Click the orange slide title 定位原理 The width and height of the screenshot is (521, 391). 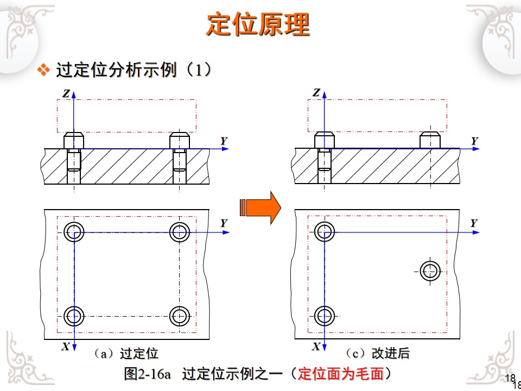point(258,24)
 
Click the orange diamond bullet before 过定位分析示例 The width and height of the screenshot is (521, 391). point(43,70)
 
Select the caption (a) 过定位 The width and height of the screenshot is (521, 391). point(125,354)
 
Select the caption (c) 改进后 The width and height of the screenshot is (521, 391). point(377,353)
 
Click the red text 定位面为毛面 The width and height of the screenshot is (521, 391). point(341,374)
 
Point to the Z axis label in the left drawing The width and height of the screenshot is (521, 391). point(66,94)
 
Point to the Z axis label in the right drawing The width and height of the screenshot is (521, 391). point(316,93)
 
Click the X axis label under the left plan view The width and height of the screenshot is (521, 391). point(66,347)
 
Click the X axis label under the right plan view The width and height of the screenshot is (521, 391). point(316,347)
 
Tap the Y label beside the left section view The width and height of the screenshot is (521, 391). point(224,141)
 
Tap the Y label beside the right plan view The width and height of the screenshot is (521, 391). point(474,223)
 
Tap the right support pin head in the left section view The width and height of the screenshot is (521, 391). point(180,140)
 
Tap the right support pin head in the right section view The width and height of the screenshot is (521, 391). point(430,140)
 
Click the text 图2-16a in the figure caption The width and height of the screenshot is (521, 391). point(148,374)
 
